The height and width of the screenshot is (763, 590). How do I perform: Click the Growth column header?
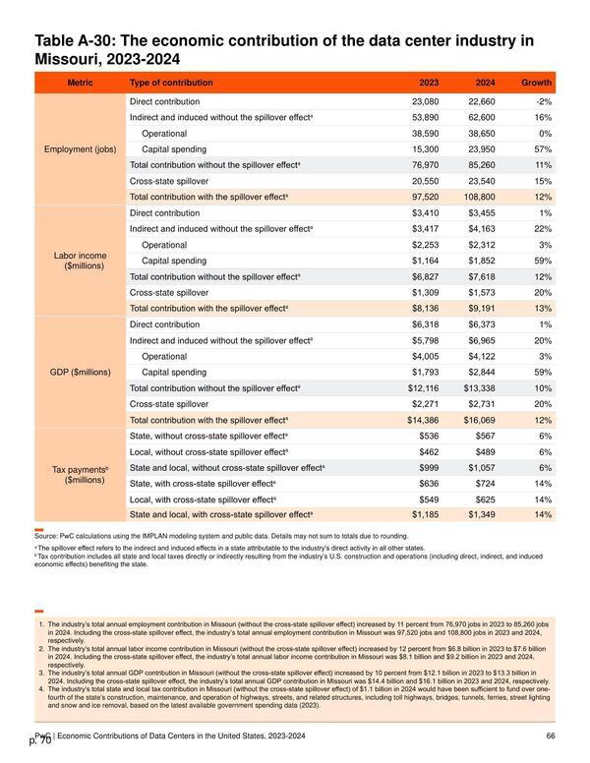coord(536,83)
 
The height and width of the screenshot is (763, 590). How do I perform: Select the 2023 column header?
coord(429,83)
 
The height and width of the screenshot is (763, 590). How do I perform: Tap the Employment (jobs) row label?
coord(81,149)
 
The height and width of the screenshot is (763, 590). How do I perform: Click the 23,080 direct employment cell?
coord(425,101)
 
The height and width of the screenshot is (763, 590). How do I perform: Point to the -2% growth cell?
coord(544,101)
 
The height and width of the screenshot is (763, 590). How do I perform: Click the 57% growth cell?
coord(543,149)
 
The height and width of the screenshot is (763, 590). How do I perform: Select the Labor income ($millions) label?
coord(81,261)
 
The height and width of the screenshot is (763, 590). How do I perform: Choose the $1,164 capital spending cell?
coord(425,261)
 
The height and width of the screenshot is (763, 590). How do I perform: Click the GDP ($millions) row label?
coord(81,373)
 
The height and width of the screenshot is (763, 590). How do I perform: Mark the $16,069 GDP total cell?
coord(479,420)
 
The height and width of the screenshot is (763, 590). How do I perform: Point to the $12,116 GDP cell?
coord(423,388)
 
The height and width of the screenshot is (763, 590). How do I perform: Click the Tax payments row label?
coord(81,475)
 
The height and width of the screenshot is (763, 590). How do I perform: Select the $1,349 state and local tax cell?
coord(482,515)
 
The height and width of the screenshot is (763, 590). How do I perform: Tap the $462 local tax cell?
coord(429,452)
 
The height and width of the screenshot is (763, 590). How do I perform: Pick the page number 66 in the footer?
coord(551,735)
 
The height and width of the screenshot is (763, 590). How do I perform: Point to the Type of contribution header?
coord(171,83)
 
